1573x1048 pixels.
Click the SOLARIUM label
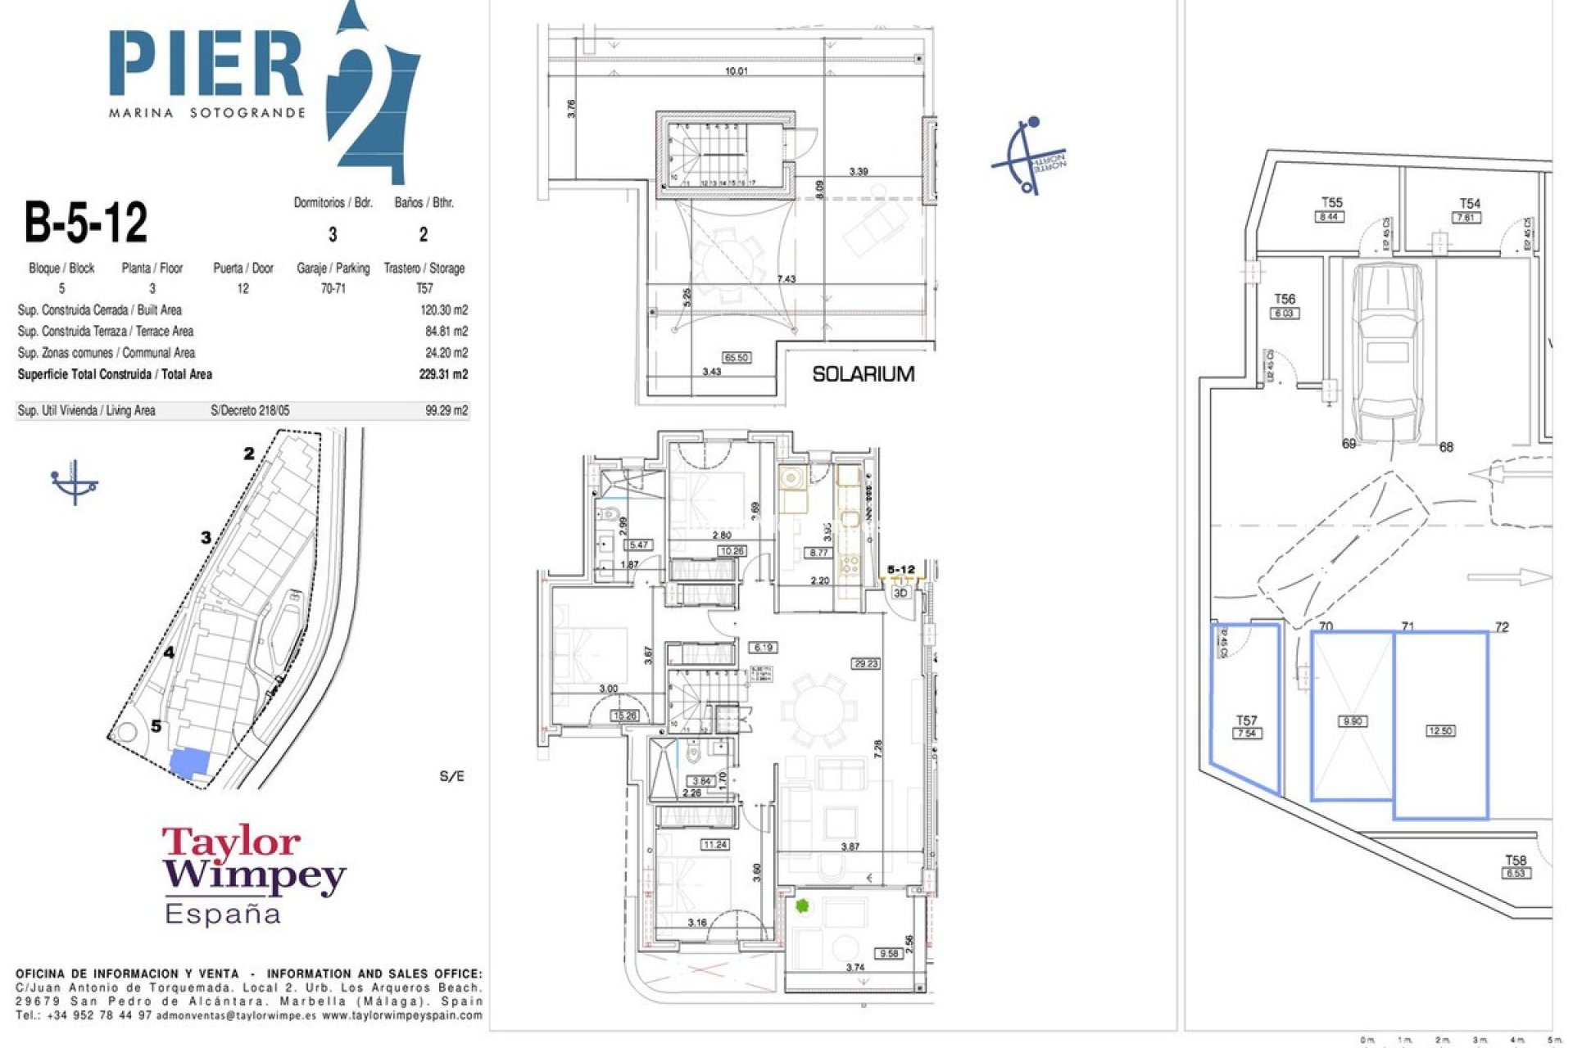[863, 374]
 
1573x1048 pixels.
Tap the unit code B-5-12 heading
[86, 222]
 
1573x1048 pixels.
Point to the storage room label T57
[1246, 720]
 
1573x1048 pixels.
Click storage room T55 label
[1331, 202]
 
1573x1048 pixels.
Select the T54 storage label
[1470, 203]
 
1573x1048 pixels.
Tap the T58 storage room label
[1516, 861]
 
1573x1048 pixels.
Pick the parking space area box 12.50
[1440, 731]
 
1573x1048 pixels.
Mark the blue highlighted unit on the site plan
[190, 763]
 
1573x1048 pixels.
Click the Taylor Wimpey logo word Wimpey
[254, 875]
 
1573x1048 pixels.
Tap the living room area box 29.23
[866, 663]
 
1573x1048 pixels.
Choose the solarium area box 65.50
[736, 358]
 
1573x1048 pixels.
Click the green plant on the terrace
[802, 906]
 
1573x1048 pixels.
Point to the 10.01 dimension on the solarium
[736, 71]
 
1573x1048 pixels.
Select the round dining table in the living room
[815, 710]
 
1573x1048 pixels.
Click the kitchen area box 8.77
[818, 553]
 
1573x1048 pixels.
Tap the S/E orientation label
[451, 776]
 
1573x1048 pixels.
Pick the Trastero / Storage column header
[424, 269]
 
